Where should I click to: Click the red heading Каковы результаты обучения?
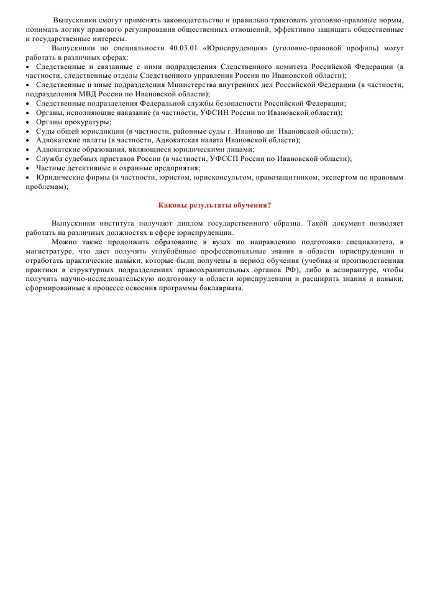[x=215, y=205]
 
